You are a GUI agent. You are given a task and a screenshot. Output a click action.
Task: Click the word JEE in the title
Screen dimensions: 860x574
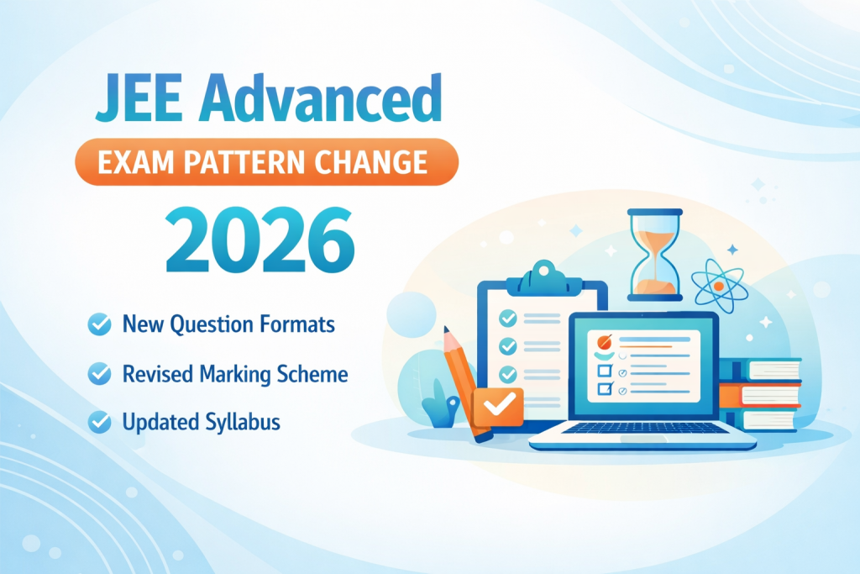click(139, 99)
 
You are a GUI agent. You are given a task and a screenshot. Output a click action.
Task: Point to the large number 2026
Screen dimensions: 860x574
click(260, 240)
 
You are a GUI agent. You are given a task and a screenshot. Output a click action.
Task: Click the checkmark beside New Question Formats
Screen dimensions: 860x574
click(99, 324)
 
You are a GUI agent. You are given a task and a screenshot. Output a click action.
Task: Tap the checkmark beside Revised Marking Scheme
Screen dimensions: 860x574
click(99, 374)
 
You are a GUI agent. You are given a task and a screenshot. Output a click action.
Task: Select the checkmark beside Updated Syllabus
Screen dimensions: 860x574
click(99, 422)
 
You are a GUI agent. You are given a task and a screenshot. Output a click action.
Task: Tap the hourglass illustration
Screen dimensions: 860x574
click(655, 255)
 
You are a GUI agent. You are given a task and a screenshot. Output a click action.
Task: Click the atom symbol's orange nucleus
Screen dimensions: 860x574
click(719, 287)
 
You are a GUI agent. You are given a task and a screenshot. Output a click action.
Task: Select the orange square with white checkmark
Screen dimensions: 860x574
click(498, 407)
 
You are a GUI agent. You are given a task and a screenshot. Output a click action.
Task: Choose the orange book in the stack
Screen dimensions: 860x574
click(760, 395)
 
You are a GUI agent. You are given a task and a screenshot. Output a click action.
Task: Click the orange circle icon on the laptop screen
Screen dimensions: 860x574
click(605, 342)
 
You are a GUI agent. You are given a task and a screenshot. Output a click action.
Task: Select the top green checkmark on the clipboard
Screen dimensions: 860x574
click(507, 319)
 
